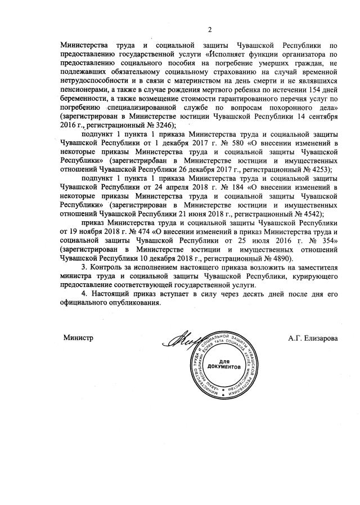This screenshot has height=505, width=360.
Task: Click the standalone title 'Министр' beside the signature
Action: click(x=78, y=337)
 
